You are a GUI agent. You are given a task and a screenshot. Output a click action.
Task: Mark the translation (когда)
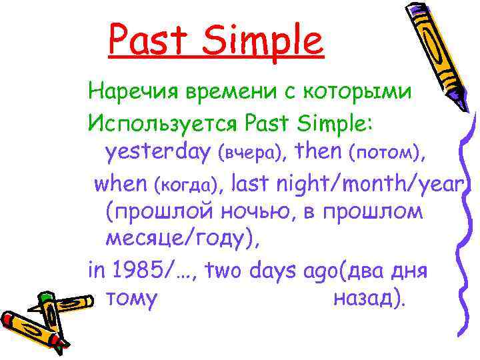click(191, 183)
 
